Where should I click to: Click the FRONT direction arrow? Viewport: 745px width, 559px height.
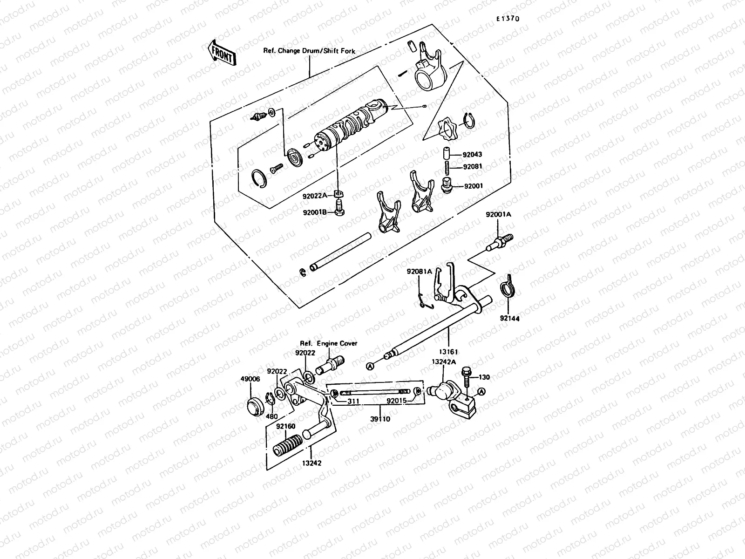click(x=223, y=52)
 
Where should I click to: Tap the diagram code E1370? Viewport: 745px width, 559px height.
click(x=507, y=19)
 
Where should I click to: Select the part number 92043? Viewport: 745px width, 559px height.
click(x=473, y=155)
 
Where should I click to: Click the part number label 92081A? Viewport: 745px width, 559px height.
click(x=419, y=271)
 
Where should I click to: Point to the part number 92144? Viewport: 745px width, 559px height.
click(x=510, y=318)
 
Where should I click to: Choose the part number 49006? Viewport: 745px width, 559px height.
click(x=251, y=379)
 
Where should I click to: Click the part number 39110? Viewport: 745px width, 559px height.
click(x=380, y=419)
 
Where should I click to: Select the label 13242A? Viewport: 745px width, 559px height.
click(x=443, y=361)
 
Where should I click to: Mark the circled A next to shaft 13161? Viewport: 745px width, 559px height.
click(x=370, y=366)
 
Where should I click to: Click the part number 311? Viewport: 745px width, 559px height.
click(x=353, y=400)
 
